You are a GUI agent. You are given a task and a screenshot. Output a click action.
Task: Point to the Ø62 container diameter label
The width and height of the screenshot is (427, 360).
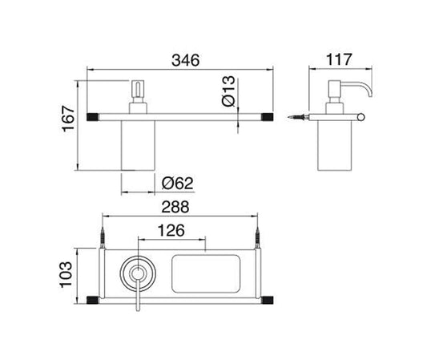tap(175, 184)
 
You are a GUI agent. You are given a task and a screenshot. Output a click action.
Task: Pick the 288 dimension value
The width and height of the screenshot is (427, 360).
tap(175, 207)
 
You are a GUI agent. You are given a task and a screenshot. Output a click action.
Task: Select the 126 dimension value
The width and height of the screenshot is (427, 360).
tap(170, 230)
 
